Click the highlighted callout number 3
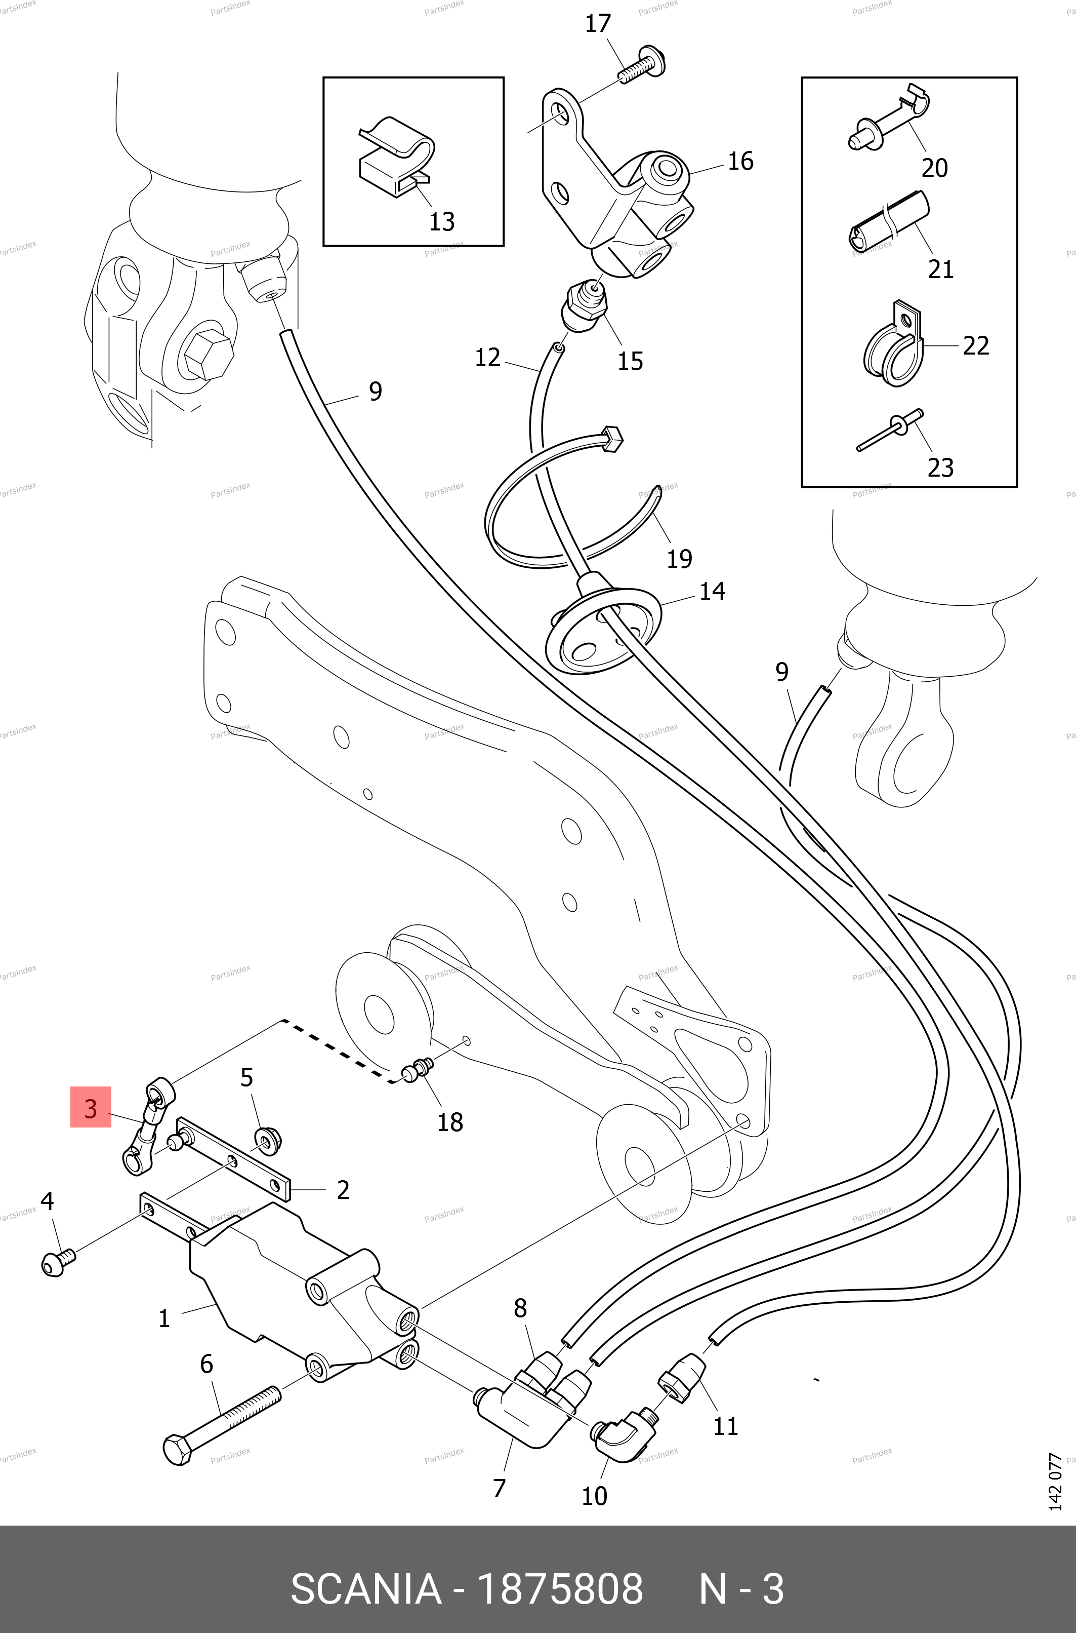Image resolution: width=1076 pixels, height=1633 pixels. coord(91,1109)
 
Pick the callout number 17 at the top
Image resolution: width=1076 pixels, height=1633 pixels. coord(598,23)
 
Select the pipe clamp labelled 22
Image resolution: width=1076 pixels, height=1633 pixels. coord(891,347)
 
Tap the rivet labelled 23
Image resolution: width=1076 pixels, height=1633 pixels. coord(891,433)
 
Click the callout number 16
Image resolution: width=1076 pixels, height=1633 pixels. coord(740,162)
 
